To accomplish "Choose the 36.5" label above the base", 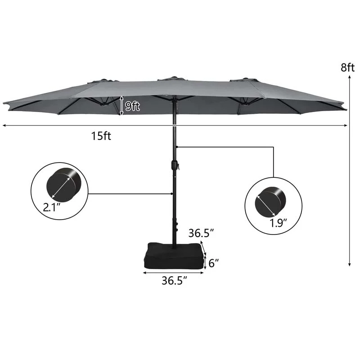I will point(201,234).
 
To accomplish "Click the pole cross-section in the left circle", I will point(63,184).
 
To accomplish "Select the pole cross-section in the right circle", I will point(269,203).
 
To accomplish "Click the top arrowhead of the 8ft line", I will point(350,77).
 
